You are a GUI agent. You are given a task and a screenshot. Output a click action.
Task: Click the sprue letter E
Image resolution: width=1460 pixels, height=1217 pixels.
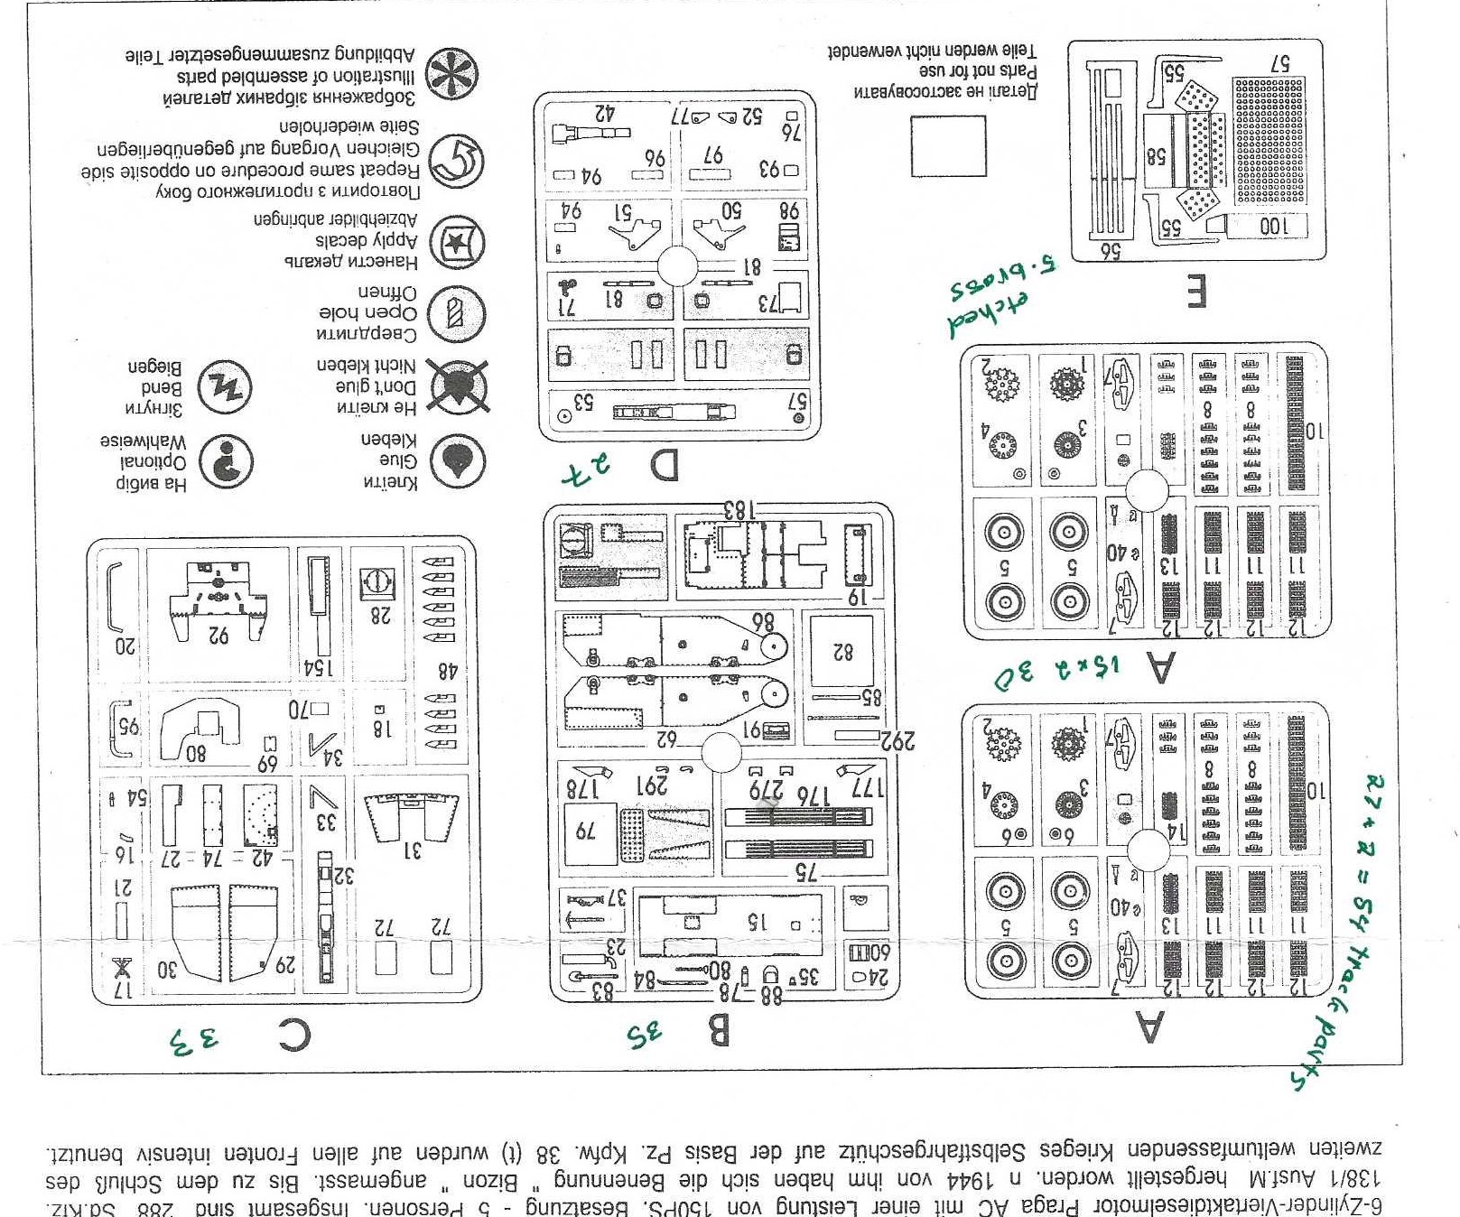pyautogui.click(x=1196, y=291)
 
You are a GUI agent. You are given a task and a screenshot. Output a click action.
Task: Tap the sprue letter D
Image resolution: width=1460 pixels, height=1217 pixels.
pyautogui.click(x=665, y=466)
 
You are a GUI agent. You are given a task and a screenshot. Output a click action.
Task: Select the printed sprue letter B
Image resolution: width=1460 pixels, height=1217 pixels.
pyautogui.click(x=716, y=1030)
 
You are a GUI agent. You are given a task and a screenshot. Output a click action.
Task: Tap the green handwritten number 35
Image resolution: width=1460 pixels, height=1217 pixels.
pyautogui.click(x=645, y=1034)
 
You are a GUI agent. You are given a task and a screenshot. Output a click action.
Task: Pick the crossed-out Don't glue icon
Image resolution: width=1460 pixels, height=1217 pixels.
pyautogui.click(x=459, y=386)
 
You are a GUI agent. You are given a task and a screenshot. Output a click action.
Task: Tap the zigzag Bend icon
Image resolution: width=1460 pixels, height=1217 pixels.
pyautogui.click(x=224, y=387)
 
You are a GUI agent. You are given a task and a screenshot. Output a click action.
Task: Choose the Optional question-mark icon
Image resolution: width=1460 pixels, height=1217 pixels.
pyautogui.click(x=226, y=461)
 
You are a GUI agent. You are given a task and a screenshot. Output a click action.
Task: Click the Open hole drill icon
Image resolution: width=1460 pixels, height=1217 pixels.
pyautogui.click(x=457, y=314)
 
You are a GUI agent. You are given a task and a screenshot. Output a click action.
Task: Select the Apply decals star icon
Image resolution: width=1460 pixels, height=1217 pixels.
pyautogui.click(x=457, y=242)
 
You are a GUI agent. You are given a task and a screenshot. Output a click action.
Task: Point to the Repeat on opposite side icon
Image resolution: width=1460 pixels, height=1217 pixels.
pyautogui.click(x=457, y=162)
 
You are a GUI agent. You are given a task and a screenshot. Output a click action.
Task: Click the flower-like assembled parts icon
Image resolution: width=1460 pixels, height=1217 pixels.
pyautogui.click(x=451, y=74)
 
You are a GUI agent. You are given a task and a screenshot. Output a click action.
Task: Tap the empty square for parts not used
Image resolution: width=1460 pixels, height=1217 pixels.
pyautogui.click(x=947, y=146)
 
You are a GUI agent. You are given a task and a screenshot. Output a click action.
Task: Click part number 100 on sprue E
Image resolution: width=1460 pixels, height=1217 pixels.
pyautogui.click(x=1272, y=226)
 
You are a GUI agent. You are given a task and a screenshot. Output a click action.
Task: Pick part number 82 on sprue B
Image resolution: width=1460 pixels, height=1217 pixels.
pyautogui.click(x=842, y=651)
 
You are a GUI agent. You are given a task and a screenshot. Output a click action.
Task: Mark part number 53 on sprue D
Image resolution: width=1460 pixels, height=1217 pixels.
pyautogui.click(x=582, y=403)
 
